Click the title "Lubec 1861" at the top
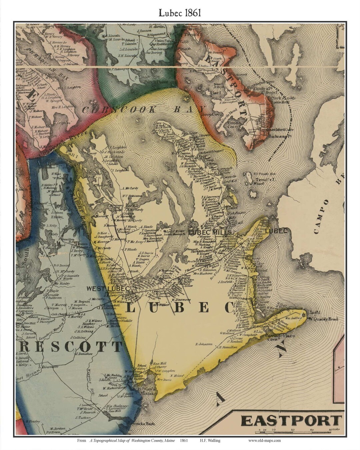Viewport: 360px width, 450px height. (x=180, y=13)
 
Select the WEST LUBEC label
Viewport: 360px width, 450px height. (x=108, y=288)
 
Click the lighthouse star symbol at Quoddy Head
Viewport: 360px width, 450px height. (x=304, y=314)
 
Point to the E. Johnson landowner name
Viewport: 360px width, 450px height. (x=204, y=344)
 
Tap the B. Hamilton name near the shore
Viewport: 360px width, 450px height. (x=228, y=347)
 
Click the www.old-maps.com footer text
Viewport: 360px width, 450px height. (x=264, y=440)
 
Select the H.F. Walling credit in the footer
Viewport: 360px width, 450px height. (x=210, y=440)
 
